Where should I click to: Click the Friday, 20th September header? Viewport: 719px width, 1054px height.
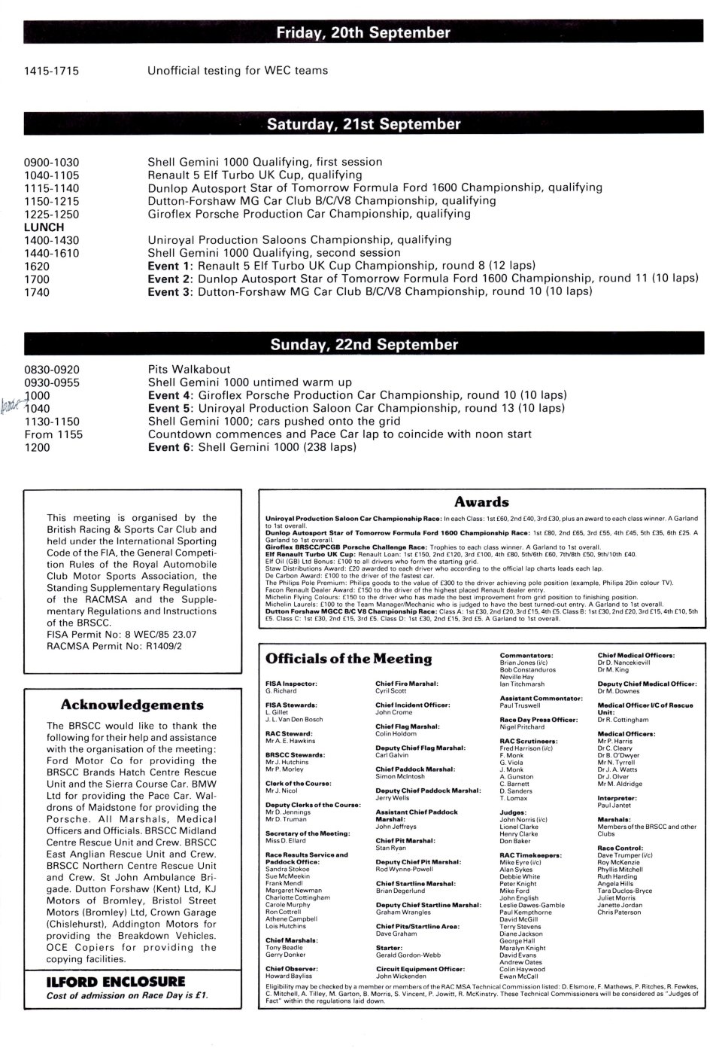(363, 33)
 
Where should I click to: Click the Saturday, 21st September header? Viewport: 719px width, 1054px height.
(363, 124)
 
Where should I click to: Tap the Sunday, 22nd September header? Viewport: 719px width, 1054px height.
(363, 345)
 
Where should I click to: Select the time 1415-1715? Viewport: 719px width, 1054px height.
(52, 71)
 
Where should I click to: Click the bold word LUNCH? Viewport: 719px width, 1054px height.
(44, 227)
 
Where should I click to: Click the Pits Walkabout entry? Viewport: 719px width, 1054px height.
(189, 370)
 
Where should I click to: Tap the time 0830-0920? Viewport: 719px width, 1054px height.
(52, 370)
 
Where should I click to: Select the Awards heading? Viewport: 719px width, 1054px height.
(481, 502)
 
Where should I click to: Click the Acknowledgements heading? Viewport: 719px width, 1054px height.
(132, 705)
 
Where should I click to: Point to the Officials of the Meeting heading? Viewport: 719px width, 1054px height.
(348, 660)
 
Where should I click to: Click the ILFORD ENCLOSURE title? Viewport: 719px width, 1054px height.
(105, 981)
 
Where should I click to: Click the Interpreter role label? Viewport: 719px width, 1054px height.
(617, 797)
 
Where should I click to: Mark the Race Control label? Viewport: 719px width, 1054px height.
(620, 848)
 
